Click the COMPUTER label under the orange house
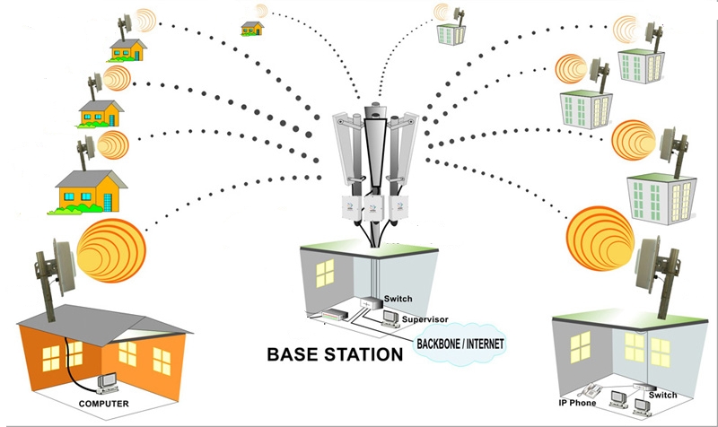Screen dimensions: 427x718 click(x=100, y=405)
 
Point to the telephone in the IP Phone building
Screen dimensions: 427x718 click(x=594, y=393)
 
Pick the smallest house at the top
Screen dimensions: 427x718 click(x=252, y=29)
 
